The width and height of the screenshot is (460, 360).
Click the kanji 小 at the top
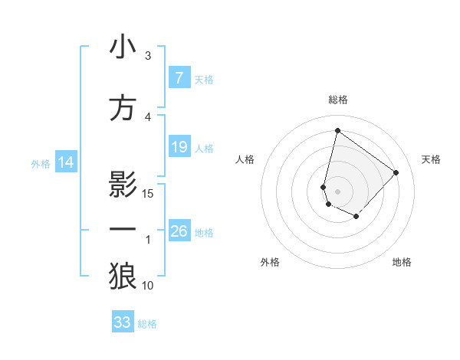[x=123, y=47]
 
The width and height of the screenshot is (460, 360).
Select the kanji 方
[x=123, y=108]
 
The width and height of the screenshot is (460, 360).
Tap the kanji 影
[x=123, y=185]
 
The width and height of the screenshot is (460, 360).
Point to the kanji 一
[x=123, y=231]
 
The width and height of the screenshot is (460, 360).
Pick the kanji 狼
[x=123, y=277]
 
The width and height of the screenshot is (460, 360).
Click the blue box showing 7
[x=179, y=78]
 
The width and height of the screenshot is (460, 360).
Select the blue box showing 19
[x=179, y=147]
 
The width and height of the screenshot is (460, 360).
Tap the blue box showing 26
[x=179, y=231]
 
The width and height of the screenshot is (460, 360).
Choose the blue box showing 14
[x=66, y=162]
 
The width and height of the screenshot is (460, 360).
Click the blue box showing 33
[x=123, y=322]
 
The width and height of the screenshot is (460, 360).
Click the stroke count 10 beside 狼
[x=148, y=286]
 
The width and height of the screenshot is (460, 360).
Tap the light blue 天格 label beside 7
[x=204, y=79]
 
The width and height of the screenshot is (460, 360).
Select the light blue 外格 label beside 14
[x=40, y=163]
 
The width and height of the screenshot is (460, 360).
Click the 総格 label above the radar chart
[x=338, y=100]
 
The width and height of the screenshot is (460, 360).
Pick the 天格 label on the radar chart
[x=431, y=159]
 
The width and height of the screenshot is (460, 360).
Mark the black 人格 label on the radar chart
[x=245, y=159]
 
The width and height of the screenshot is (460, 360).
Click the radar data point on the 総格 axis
[x=337, y=130]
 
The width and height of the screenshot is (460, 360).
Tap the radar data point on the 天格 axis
[x=396, y=172]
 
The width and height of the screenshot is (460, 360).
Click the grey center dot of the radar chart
[x=337, y=191]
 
